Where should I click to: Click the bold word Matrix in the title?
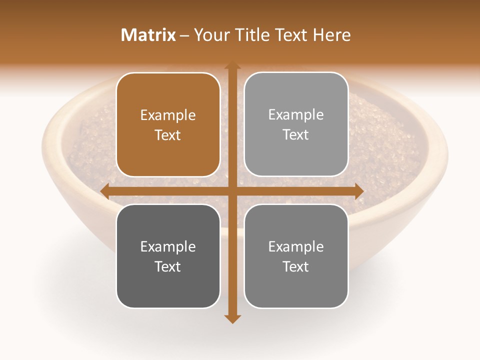(x=148, y=35)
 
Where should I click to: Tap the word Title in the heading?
(x=253, y=35)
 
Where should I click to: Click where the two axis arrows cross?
(x=232, y=191)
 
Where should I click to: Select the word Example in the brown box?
(x=168, y=115)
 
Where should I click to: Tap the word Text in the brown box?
(x=168, y=135)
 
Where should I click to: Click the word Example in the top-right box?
(x=296, y=115)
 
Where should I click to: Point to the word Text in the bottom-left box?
(x=168, y=266)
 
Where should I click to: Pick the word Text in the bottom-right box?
(x=296, y=266)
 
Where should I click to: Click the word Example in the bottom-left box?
(x=168, y=246)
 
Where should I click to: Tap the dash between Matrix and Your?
(x=184, y=35)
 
